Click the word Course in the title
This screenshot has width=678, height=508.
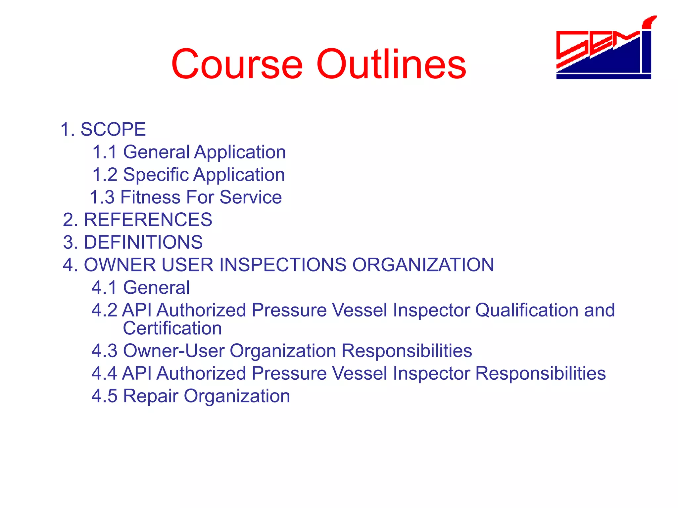pyautogui.click(x=237, y=64)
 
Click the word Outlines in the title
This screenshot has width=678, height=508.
pyautogui.click(x=391, y=64)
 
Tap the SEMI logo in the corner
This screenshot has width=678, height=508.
pyautogui.click(x=604, y=50)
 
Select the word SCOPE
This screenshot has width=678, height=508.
pyautogui.click(x=113, y=129)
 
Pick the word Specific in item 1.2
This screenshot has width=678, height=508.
pyautogui.click(x=156, y=175)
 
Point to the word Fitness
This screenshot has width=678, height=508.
pyautogui.click(x=150, y=197)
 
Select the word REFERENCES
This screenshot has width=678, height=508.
pyautogui.click(x=148, y=220)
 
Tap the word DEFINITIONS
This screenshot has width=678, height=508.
pyautogui.click(x=143, y=242)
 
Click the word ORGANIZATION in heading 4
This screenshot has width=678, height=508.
pyautogui.click(x=423, y=265)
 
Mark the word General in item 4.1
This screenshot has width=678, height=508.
pyautogui.click(x=156, y=287)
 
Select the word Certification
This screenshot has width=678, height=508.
pyautogui.click(x=172, y=328)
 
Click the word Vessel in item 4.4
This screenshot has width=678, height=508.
pyautogui.click(x=360, y=373)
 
